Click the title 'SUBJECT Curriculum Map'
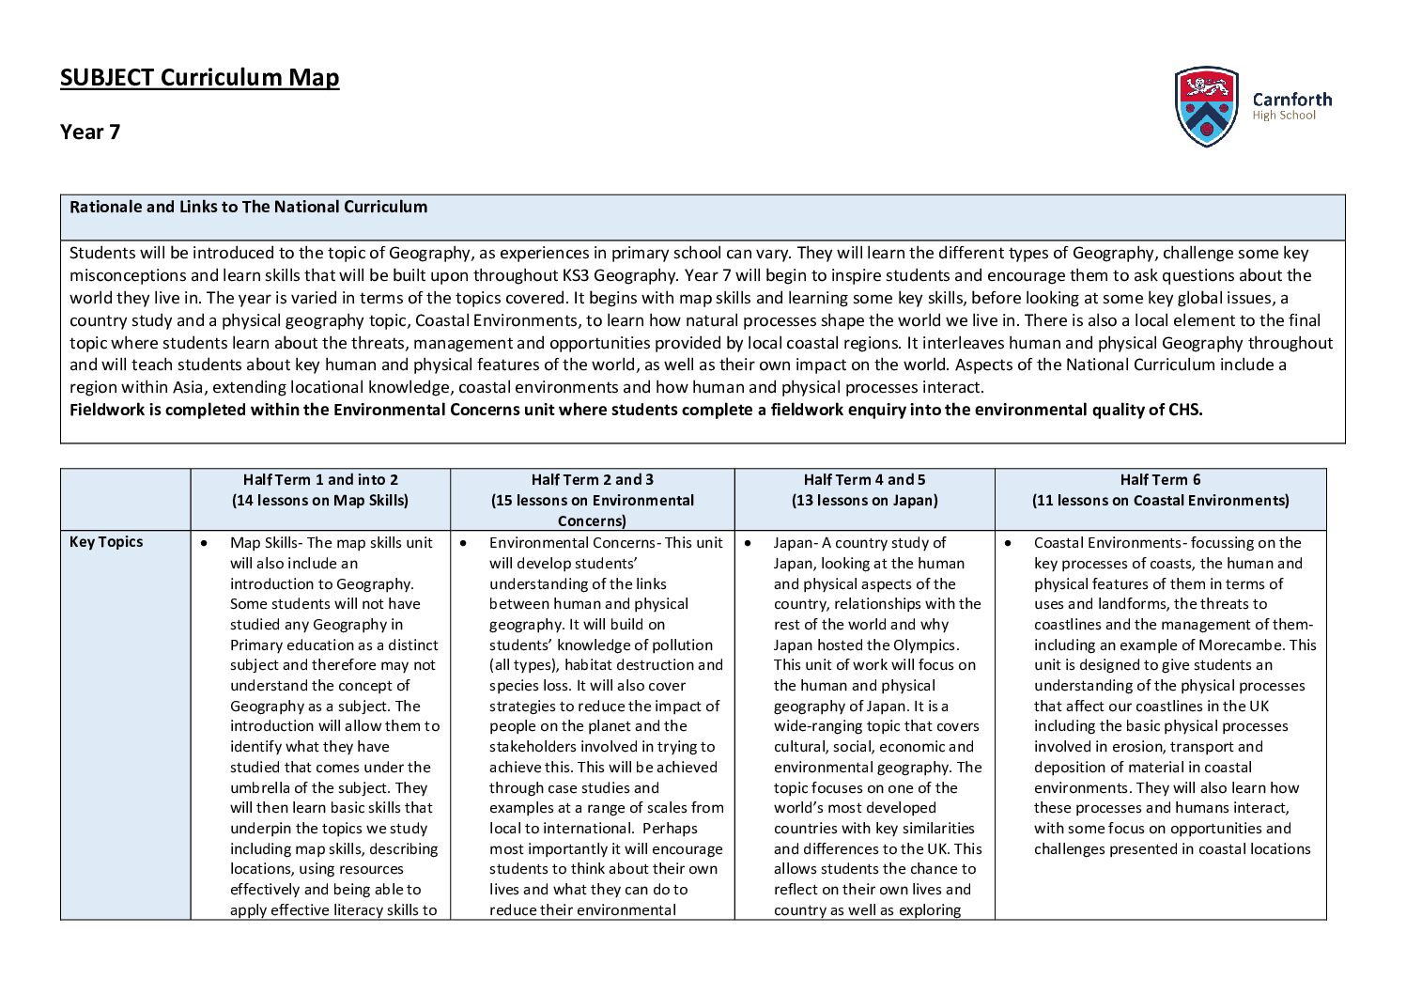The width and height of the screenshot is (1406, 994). point(199,77)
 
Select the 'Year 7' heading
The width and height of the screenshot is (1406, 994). point(90,132)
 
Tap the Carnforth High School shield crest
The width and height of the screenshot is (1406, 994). point(1206,106)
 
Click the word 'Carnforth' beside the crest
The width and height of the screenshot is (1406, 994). point(1291,99)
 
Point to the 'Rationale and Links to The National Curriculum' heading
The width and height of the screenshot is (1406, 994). point(248,207)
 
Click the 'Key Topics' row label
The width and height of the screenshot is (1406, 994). point(106,542)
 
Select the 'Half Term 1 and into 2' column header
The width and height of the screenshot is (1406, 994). point(320,479)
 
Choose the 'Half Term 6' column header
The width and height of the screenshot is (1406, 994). point(1160,479)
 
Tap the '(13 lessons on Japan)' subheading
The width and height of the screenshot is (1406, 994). point(864,500)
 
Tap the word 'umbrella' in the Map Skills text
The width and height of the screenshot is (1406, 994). point(260,788)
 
